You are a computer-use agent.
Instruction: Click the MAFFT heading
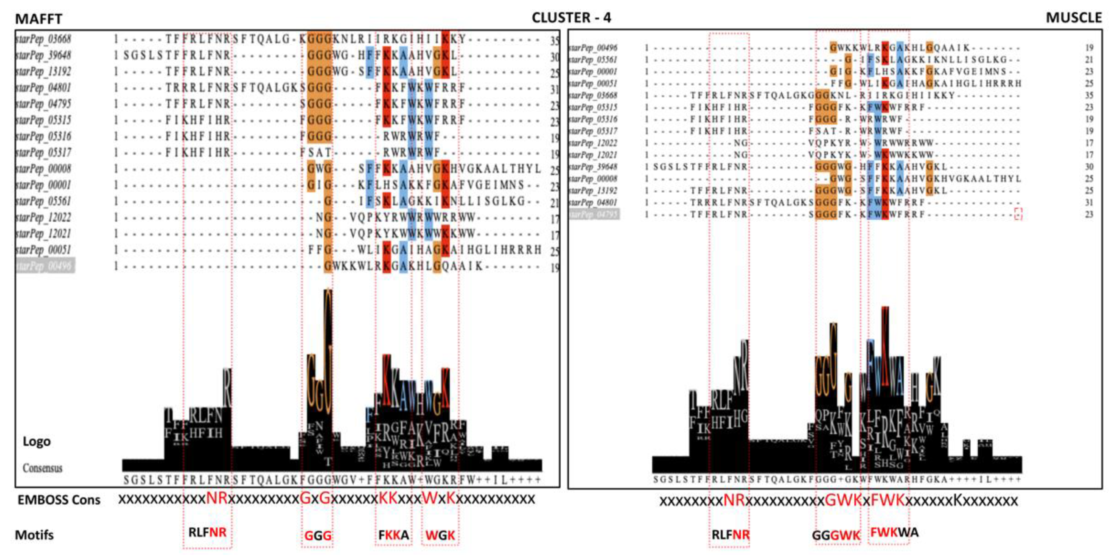(39, 19)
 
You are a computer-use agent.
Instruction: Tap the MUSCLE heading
(1074, 18)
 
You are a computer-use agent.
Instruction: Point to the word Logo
(37, 441)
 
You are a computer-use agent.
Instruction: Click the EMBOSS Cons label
(59, 500)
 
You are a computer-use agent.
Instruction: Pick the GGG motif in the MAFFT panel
(318, 536)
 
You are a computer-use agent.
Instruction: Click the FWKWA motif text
(894, 532)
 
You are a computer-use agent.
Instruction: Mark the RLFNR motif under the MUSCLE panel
(730, 535)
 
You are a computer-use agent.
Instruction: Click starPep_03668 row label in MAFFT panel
(43, 39)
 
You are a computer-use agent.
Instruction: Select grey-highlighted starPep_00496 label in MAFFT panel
(45, 266)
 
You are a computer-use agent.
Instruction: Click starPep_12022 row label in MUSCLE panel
(593, 143)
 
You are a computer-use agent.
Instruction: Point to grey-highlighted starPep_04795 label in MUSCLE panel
(594, 214)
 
